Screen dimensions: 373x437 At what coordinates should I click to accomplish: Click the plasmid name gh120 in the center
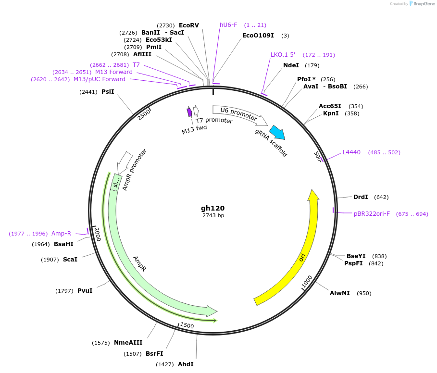(212, 208)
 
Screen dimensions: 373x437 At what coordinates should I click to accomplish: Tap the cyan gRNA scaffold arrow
(277, 132)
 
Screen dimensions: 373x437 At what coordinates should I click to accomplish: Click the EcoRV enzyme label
(188, 25)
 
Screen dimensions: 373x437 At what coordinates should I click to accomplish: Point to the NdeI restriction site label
(291, 65)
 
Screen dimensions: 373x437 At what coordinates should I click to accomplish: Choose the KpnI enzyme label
(331, 113)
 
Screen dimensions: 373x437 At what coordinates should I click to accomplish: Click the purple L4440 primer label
(351, 152)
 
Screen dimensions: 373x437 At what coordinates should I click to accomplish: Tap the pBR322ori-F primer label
(372, 214)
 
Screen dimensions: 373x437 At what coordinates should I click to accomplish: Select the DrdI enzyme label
(361, 197)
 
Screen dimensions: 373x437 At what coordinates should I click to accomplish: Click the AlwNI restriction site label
(340, 293)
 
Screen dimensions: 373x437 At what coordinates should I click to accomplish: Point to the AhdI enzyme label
(186, 364)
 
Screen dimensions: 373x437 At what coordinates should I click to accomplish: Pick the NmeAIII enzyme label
(128, 343)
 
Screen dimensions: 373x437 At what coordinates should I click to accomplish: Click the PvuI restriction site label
(85, 291)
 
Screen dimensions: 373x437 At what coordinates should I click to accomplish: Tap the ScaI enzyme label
(70, 260)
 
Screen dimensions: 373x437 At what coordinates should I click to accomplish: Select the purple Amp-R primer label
(61, 234)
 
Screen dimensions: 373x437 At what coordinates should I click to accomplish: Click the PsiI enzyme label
(108, 91)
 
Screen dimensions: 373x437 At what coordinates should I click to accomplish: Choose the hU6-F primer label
(228, 25)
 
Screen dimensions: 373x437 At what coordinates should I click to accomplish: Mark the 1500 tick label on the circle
(187, 326)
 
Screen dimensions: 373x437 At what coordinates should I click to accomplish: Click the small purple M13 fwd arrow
(189, 112)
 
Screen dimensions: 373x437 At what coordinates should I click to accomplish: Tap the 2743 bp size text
(213, 216)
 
